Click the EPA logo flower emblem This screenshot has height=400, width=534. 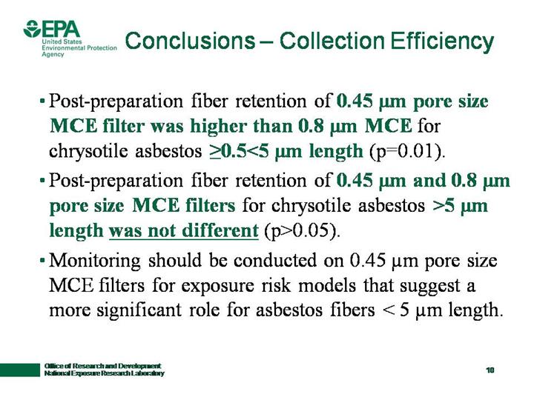pyautogui.click(x=32, y=29)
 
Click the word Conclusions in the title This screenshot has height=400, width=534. pyautogui.click(x=190, y=41)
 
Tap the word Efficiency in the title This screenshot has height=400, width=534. pyautogui.click(x=442, y=41)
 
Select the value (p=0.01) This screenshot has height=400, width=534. pyautogui.click(x=407, y=151)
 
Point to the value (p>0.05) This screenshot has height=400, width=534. pyautogui.click(x=302, y=231)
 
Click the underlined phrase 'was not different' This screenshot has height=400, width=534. pyautogui.click(x=184, y=230)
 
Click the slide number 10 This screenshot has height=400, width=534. pyautogui.click(x=490, y=370)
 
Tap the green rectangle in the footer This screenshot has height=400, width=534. pyautogui.click(x=20, y=370)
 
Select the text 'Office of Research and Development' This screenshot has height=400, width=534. pyautogui.click(x=102, y=366)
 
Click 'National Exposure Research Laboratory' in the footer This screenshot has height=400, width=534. pyautogui.click(x=105, y=373)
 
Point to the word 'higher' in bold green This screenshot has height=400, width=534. pyautogui.click(x=218, y=126)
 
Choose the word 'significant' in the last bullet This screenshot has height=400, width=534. pyautogui.click(x=139, y=310)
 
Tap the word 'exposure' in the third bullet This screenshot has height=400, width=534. pyautogui.click(x=217, y=286)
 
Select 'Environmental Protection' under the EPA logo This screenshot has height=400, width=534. pyautogui.click(x=79, y=48)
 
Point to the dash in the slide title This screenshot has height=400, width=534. pyautogui.click(x=267, y=41)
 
